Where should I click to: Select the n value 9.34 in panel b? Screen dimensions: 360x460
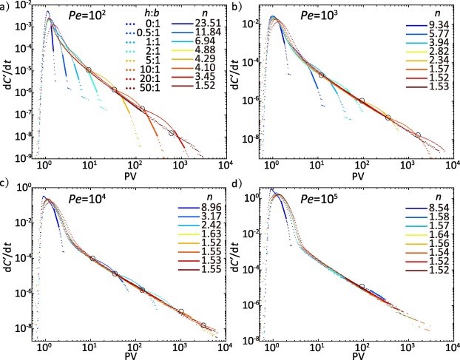435,27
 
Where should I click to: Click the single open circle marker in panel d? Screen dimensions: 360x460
362,286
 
